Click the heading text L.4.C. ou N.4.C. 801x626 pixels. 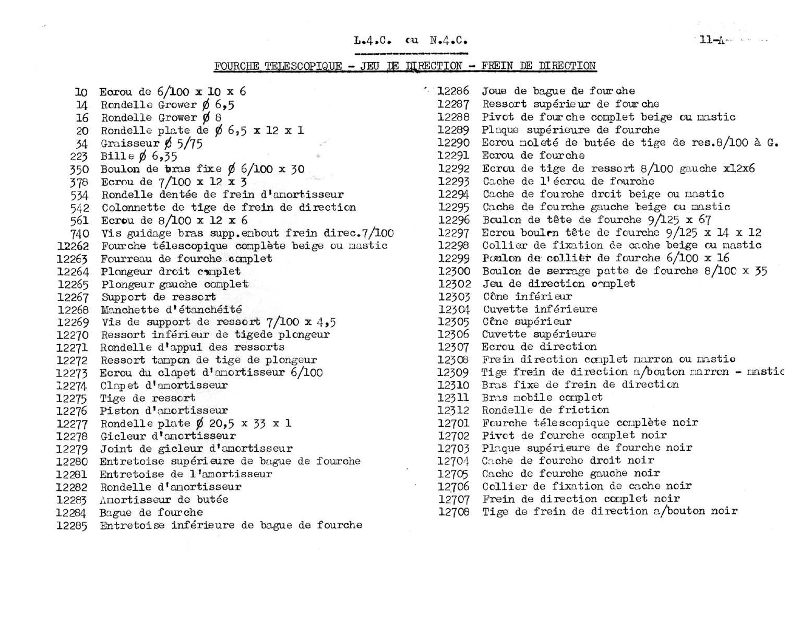point(410,40)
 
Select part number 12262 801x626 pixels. point(73,246)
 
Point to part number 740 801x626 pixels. point(80,234)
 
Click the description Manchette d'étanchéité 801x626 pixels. point(171,310)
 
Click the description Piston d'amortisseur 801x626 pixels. point(164,411)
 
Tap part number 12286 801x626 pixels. point(453,91)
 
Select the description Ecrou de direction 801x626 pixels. point(539,347)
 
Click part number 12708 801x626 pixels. point(454,512)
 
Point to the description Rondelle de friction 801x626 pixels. point(545,410)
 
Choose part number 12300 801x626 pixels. point(454,271)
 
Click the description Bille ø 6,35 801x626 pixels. point(139,156)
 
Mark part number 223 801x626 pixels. point(79,156)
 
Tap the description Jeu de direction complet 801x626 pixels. point(558,284)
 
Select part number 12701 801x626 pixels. point(454,423)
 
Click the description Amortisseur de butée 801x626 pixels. point(164,500)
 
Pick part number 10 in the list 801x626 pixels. point(81,92)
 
